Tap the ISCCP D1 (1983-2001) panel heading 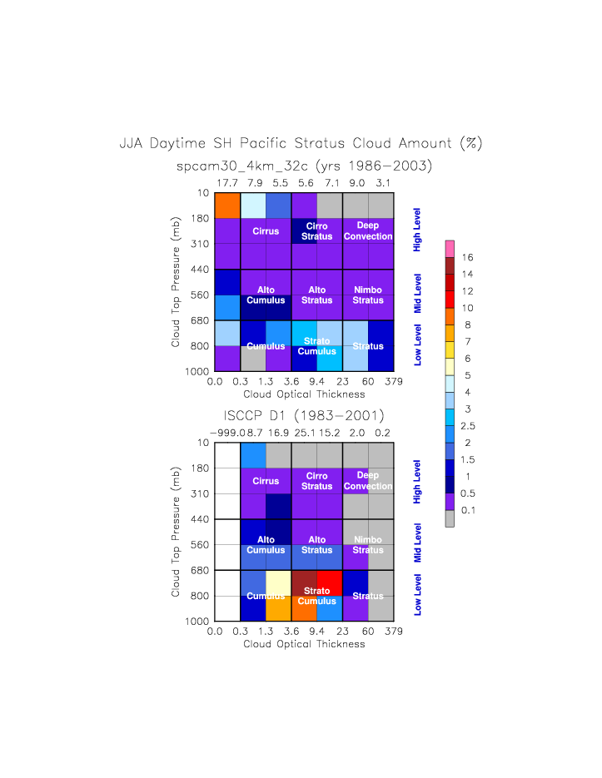click(304, 415)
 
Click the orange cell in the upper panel click(227, 205)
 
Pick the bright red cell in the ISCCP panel click(330, 582)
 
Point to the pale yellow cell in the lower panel click(278, 582)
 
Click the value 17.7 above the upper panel click(227, 182)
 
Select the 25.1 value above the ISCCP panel click(305, 433)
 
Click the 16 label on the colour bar click(467, 258)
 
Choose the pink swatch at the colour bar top click(450, 248)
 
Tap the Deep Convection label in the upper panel click(367, 231)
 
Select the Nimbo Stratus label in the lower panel click(367, 545)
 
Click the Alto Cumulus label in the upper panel click(266, 295)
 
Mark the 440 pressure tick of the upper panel click(202, 269)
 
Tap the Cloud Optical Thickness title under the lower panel click(304, 644)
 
